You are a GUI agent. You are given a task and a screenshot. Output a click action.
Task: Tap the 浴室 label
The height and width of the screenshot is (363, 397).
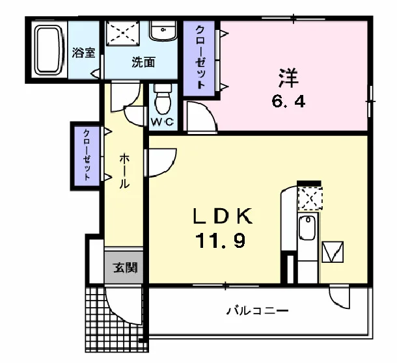tap(83, 53)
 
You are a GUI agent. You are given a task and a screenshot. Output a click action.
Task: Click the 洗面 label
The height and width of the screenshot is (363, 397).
tap(143, 62)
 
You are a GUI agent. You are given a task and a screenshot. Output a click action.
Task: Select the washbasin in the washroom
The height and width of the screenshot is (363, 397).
tap(163, 30)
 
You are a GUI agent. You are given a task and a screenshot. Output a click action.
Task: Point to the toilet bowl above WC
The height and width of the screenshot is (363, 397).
tap(163, 100)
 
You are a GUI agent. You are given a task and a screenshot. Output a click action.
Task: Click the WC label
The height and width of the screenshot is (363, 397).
tap(163, 122)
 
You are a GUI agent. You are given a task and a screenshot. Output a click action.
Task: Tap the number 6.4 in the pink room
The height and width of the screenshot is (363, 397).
tap(288, 101)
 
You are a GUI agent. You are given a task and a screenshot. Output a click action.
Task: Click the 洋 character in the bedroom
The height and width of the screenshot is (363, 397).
tap(288, 78)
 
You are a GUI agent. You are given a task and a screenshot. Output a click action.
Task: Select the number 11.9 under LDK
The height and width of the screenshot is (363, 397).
tap(220, 240)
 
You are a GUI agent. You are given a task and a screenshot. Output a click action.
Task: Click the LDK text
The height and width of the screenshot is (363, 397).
tap(223, 216)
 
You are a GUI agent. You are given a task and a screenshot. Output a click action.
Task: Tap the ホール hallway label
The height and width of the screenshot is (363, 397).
tap(124, 170)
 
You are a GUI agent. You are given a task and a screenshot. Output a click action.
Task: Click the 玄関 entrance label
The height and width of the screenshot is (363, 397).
tap(126, 267)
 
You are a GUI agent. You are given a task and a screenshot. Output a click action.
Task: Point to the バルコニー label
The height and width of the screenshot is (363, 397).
tap(257, 310)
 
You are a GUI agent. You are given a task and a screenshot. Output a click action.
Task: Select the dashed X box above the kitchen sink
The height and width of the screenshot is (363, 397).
tap(310, 198)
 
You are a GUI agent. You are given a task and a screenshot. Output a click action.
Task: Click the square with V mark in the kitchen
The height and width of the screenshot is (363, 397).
tap(333, 252)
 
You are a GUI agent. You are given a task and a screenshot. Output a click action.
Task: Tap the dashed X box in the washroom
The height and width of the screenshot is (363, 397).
tap(123, 33)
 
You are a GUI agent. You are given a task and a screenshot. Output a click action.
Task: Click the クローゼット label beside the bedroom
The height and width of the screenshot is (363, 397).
tap(200, 57)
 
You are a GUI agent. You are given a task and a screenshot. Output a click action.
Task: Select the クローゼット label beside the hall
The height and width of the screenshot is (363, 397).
tap(87, 155)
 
